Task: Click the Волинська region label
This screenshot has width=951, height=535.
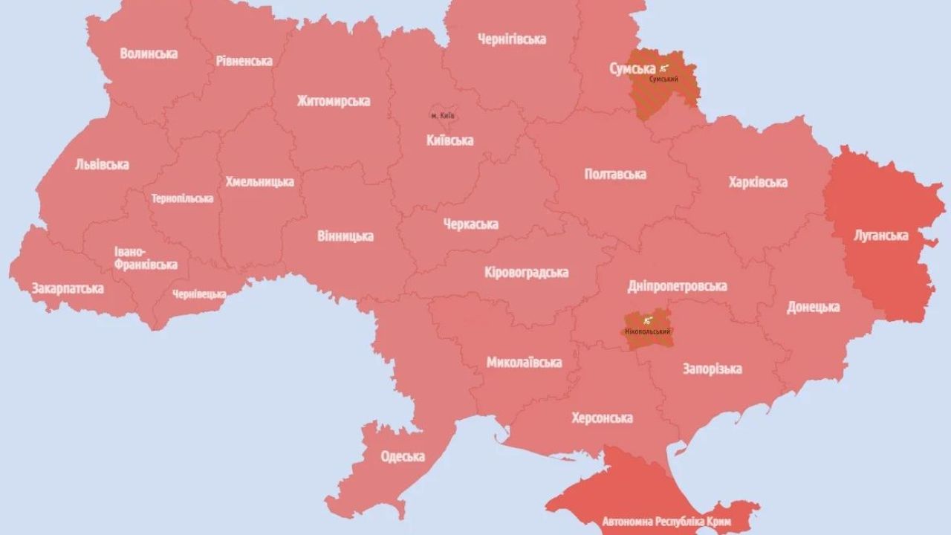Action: click(149, 53)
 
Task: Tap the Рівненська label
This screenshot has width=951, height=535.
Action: click(244, 61)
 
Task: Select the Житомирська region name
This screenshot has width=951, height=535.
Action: click(333, 101)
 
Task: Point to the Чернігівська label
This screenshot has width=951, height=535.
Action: click(511, 39)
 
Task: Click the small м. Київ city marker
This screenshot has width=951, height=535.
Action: click(444, 116)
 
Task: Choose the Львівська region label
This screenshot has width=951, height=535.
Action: click(102, 165)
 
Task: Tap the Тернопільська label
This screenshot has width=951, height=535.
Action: click(182, 198)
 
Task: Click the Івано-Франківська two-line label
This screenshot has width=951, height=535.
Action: click(146, 259)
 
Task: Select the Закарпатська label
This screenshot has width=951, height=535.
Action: click(67, 288)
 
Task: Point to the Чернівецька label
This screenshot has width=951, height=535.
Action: click(199, 294)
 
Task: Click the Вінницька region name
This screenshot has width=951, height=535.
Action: click(345, 236)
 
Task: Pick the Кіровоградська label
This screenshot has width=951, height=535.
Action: click(526, 273)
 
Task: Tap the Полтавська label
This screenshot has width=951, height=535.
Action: click(615, 175)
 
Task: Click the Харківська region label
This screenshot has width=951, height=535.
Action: click(758, 182)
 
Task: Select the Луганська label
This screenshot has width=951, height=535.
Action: click(880, 236)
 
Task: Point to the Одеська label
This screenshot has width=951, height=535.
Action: click(402, 456)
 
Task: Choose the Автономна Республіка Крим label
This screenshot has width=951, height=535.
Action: click(657, 522)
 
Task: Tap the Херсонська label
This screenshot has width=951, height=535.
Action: click(602, 418)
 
